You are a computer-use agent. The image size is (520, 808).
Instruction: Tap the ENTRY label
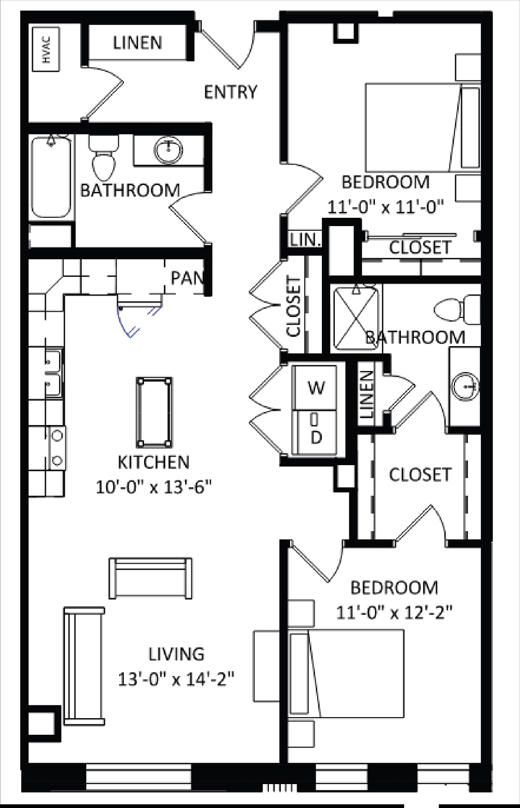[230, 92]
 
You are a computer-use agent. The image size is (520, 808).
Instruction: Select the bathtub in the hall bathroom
[51, 177]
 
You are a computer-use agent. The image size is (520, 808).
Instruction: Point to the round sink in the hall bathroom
[168, 150]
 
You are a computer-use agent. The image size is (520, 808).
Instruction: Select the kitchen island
[154, 412]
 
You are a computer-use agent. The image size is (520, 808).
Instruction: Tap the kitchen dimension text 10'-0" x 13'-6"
[153, 487]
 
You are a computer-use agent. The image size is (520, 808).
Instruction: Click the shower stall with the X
[356, 317]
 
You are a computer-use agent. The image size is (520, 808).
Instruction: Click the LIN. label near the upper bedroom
[305, 240]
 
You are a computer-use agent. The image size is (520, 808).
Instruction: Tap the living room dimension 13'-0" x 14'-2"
[176, 679]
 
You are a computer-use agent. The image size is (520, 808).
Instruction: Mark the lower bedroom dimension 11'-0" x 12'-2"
[394, 613]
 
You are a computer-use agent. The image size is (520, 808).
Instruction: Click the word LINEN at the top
[137, 43]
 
